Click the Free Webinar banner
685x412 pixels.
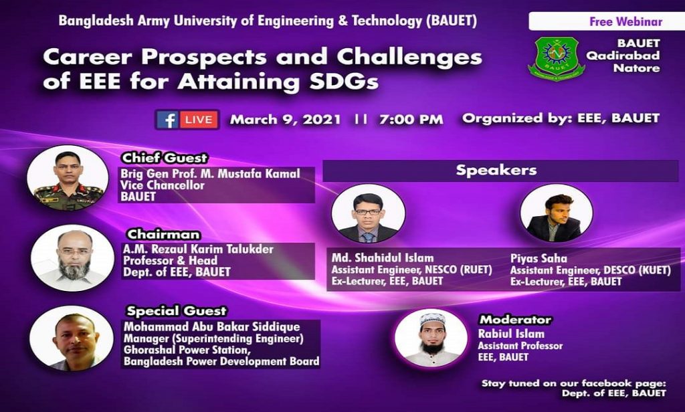coord(606,21)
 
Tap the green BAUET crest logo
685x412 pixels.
coord(556,58)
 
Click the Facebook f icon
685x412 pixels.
coord(167,119)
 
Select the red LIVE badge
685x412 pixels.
coord(198,119)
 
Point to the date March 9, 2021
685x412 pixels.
coord(285,119)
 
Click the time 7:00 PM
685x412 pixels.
coord(411,119)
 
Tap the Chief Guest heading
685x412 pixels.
coord(165,158)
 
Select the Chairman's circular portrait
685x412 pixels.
coord(72,257)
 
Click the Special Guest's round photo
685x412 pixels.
coord(71,338)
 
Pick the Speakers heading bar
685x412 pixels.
coord(500,171)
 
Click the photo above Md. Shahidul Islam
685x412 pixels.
coord(369,213)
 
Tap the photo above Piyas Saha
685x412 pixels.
coord(556,213)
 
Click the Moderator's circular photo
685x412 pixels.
coord(431,338)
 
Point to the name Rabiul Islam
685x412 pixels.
coord(511,334)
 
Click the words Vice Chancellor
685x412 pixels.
coord(163,185)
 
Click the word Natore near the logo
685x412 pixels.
coord(637,68)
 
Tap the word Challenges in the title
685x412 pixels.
coord(409,58)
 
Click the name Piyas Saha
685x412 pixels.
coord(539,258)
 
